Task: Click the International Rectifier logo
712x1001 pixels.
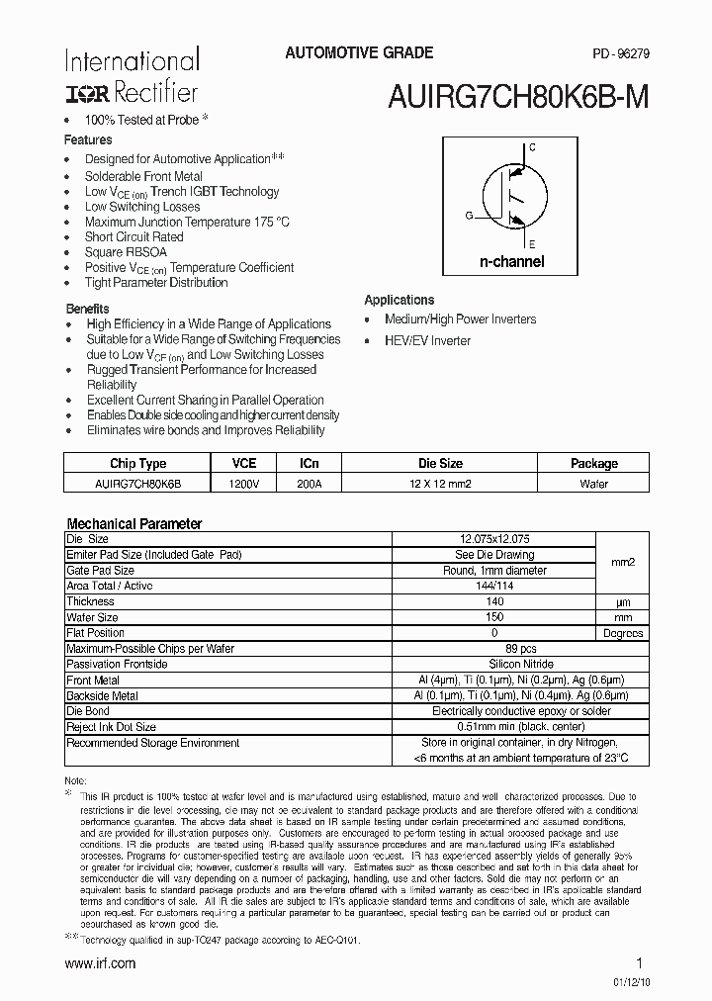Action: point(132,76)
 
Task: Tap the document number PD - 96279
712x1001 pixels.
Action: point(620,54)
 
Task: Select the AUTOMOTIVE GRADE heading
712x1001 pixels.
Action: point(359,53)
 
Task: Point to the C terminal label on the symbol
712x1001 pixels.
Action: point(532,147)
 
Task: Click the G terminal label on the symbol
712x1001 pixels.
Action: point(469,215)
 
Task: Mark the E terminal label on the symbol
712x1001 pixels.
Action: point(532,243)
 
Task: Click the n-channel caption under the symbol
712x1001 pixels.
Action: point(511,262)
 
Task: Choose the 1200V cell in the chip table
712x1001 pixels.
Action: point(243,484)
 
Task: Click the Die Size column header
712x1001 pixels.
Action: point(440,463)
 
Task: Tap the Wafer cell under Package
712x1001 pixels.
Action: point(593,484)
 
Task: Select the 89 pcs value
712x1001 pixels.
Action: point(493,649)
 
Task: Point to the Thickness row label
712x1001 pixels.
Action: point(91,601)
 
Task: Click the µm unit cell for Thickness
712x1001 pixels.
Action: point(622,601)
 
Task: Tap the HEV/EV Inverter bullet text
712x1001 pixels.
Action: point(427,340)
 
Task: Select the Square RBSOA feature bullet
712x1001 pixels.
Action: point(126,252)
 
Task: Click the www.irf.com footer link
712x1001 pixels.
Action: point(99,963)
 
